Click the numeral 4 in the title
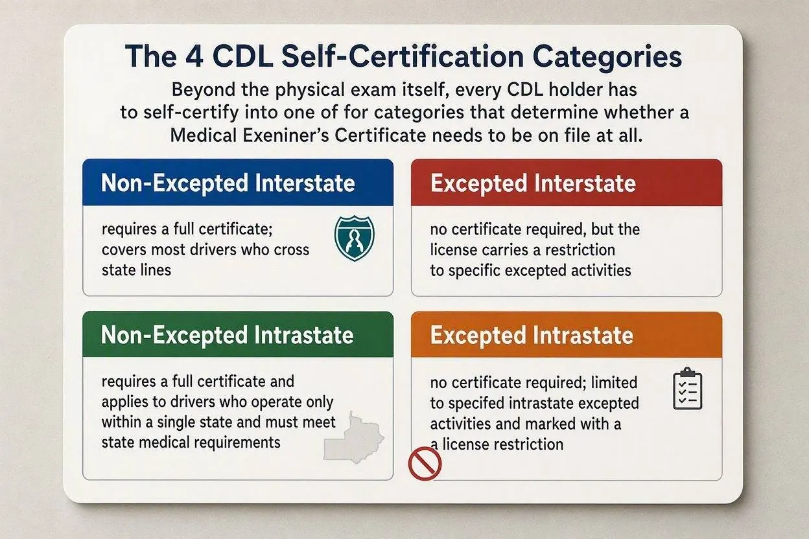pyautogui.click(x=194, y=56)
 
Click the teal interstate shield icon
pyautogui.click(x=355, y=238)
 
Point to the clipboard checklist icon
pyautogui.click(x=688, y=389)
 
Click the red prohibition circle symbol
pyautogui.click(x=425, y=464)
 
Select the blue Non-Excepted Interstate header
pyautogui.click(x=238, y=182)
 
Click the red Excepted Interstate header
pyautogui.click(x=567, y=183)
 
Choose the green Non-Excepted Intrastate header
pyautogui.click(x=238, y=334)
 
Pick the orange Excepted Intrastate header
pyautogui.click(x=567, y=335)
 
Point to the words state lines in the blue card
pyautogui.click(x=136, y=270)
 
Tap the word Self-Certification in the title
pyautogui.click(x=403, y=57)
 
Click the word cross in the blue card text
pyautogui.click(x=291, y=250)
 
